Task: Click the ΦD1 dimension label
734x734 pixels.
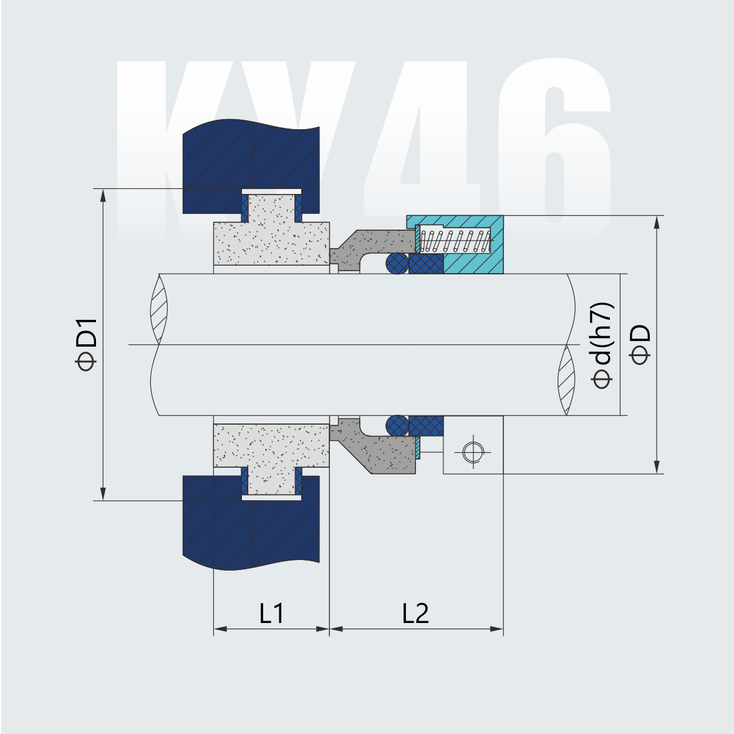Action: pyautogui.click(x=86, y=344)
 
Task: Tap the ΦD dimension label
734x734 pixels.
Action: pyautogui.click(x=640, y=344)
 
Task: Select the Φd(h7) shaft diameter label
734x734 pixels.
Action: pyautogui.click(x=603, y=345)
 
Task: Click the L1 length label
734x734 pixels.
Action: pyautogui.click(x=272, y=614)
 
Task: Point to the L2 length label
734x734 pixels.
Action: pyautogui.click(x=415, y=614)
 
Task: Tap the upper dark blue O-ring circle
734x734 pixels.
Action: pyautogui.click(x=397, y=263)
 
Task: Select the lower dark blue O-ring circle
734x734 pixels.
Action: pyautogui.click(x=397, y=426)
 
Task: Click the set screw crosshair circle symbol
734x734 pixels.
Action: pyautogui.click(x=473, y=451)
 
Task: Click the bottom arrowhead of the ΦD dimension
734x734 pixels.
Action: pyautogui.click(x=657, y=466)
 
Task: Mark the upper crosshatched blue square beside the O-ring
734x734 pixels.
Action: pyautogui.click(x=427, y=263)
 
